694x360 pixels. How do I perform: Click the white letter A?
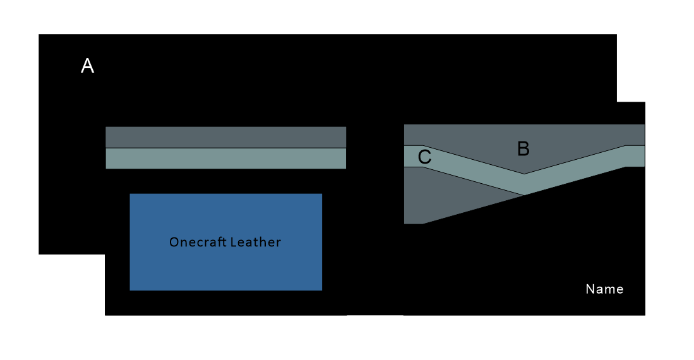(88, 66)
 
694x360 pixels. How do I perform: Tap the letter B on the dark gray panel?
(523, 149)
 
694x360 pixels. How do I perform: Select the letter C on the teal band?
(425, 157)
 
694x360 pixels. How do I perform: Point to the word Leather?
(255, 242)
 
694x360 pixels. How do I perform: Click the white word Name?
(604, 289)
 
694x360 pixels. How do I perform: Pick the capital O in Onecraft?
(174, 242)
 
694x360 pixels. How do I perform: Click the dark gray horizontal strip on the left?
(225, 137)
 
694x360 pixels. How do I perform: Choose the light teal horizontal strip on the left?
(225, 159)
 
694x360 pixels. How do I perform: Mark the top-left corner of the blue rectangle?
(130, 194)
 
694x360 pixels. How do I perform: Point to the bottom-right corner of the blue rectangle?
(321, 290)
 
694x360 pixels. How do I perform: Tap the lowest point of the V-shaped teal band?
(524, 195)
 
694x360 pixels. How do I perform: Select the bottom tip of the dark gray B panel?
(524, 172)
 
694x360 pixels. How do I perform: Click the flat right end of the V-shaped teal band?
(635, 156)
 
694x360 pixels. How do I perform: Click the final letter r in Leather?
(278, 243)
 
